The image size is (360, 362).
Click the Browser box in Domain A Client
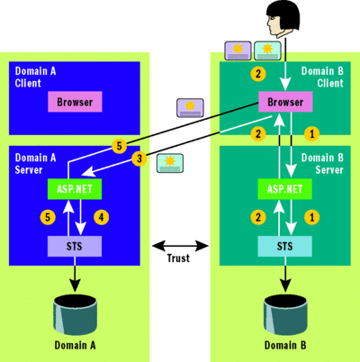[76, 103]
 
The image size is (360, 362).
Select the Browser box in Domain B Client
[286, 103]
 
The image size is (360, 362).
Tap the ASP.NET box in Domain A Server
[76, 189]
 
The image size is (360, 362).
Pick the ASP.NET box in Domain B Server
[286, 189]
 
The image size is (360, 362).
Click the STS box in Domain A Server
[76, 245]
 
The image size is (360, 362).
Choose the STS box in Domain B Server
[286, 245]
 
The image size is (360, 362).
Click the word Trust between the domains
[180, 258]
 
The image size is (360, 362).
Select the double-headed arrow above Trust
[180, 244]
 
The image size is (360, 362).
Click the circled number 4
[103, 217]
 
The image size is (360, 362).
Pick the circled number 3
[138, 158]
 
